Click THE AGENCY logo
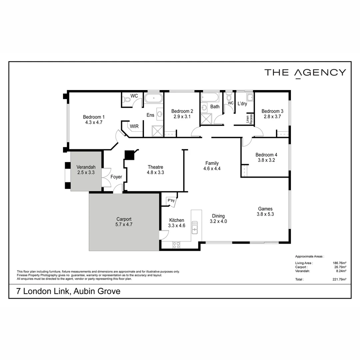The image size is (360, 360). point(305,73)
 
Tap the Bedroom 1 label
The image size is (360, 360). point(94,117)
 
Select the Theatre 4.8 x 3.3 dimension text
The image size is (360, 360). point(155,173)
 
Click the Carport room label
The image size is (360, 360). point(124,219)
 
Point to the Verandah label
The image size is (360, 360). point(86,167)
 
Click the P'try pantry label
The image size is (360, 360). point(171,201)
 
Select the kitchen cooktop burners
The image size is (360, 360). point(176,245)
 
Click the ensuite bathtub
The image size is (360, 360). point(153,98)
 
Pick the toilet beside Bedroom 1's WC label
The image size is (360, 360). point(127,99)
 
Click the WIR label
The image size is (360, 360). point(134,126)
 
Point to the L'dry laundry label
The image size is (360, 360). point(242,104)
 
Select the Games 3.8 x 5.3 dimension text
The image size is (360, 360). point(265,214)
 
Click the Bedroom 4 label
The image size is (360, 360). point(266,155)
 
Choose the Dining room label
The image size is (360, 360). point(218,216)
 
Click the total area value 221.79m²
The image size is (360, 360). point(339,279)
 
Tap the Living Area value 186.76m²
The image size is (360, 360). point(339,263)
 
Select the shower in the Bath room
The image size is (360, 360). point(206,119)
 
